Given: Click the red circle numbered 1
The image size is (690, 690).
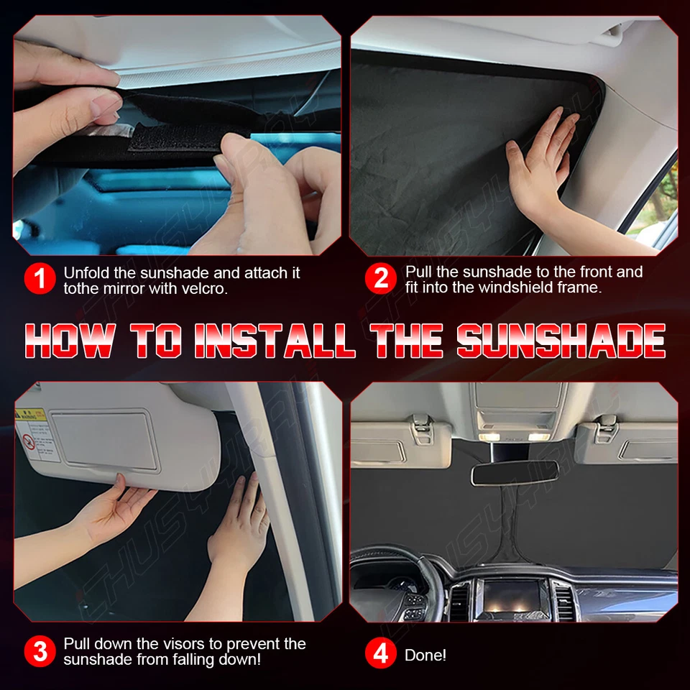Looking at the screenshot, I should pos(40,280).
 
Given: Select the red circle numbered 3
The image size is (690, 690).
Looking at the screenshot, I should pos(40,651).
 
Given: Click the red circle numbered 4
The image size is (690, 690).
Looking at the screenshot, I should pos(381,655).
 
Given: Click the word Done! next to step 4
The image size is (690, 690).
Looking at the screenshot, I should pos(425,655).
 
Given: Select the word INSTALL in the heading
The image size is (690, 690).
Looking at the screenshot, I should pos(275,341).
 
